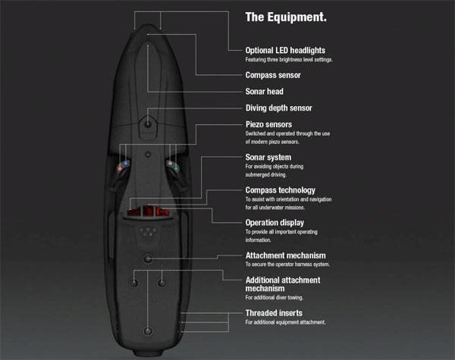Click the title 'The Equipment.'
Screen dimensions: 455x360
[x=286, y=17]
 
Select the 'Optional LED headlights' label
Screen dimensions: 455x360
[x=285, y=51]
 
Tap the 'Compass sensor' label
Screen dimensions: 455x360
[x=273, y=75]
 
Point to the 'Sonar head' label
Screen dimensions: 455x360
[x=265, y=92]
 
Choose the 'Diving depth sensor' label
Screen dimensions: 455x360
[x=279, y=108]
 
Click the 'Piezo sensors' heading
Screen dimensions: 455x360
[x=268, y=124]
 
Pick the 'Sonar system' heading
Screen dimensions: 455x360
[x=268, y=157]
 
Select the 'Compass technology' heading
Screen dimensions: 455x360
[x=281, y=190]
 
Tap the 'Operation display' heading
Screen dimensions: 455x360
[x=275, y=223]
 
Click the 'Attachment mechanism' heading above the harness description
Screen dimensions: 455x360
[x=286, y=255]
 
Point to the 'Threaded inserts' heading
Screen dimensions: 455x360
[x=274, y=313]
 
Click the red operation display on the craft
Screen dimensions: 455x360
[x=149, y=211]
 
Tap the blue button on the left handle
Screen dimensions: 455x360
[x=126, y=164]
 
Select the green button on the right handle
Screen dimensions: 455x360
[x=176, y=167]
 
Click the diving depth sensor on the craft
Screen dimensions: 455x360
[x=148, y=124]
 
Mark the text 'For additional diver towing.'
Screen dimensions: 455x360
[x=275, y=298]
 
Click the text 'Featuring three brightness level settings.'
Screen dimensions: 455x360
[x=289, y=60]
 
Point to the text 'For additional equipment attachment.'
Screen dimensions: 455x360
[x=286, y=322]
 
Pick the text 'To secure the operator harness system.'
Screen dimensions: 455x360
[x=287, y=265]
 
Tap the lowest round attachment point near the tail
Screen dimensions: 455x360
[x=148, y=330]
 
